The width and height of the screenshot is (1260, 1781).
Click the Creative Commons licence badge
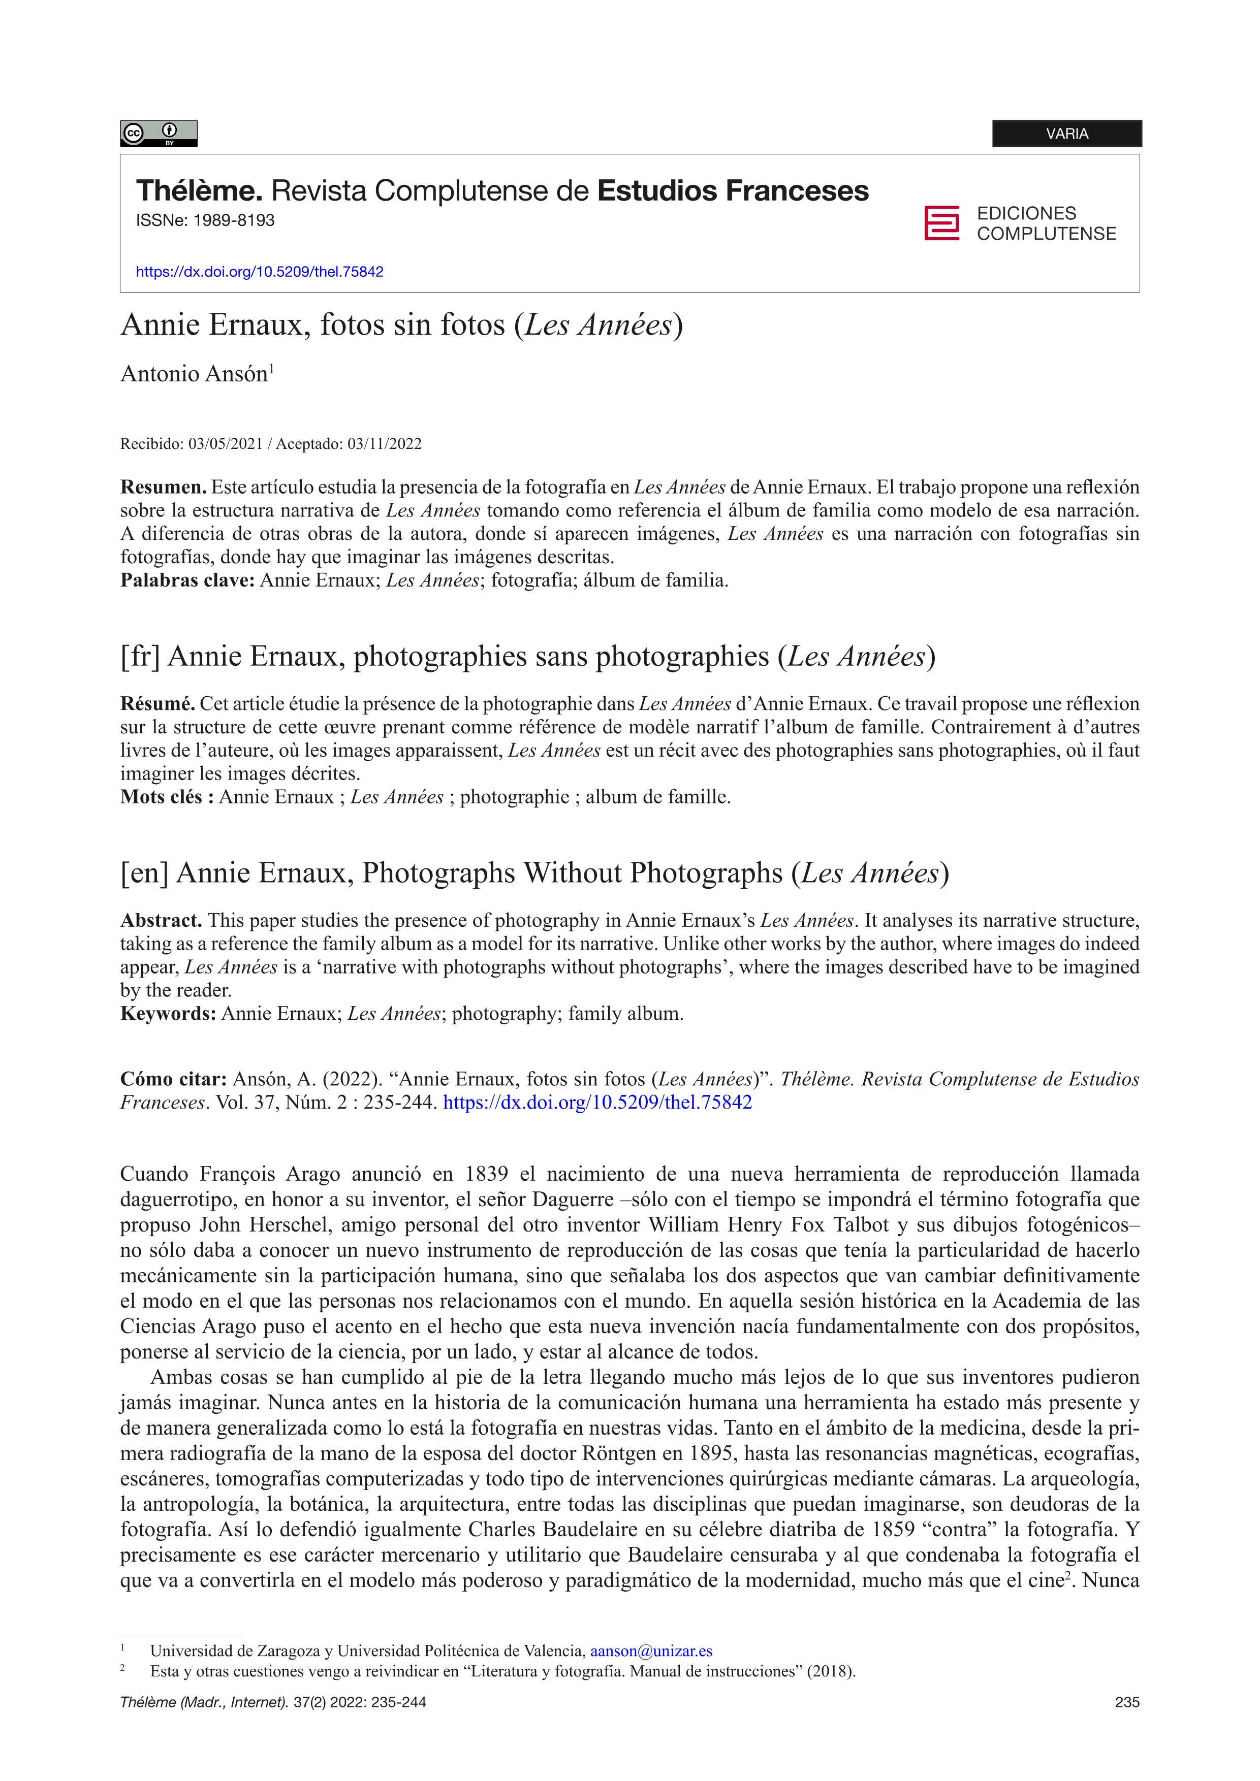(x=159, y=134)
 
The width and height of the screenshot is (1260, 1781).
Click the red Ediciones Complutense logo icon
(x=941, y=223)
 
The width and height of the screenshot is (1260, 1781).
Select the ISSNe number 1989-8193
(x=234, y=220)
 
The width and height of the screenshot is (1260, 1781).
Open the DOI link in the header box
(x=259, y=272)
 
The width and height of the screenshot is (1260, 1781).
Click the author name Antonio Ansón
(x=194, y=374)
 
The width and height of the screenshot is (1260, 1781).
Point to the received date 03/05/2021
(x=226, y=444)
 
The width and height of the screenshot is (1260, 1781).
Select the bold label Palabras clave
(x=187, y=580)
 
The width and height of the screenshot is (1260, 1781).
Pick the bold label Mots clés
(x=167, y=797)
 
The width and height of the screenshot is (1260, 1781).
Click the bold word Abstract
(x=161, y=921)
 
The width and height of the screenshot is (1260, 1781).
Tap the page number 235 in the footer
(x=1126, y=1703)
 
